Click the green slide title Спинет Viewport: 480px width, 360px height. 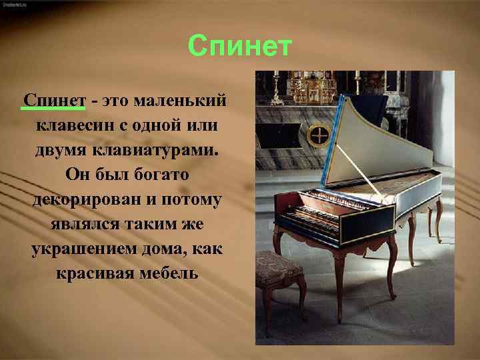click(240, 47)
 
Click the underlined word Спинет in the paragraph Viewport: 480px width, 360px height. click(55, 101)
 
